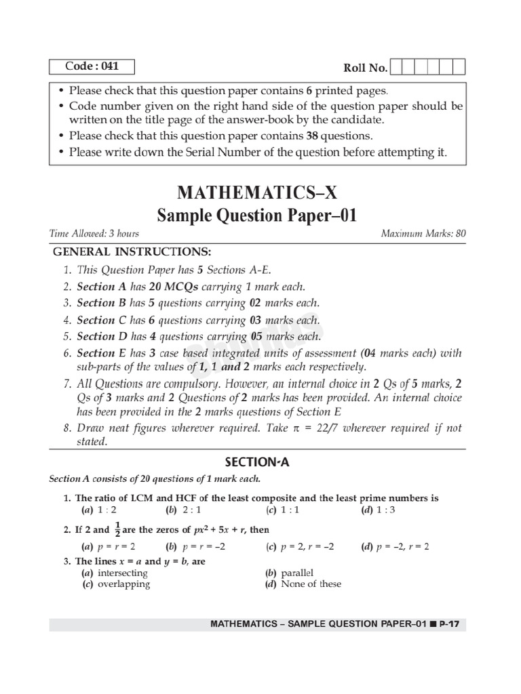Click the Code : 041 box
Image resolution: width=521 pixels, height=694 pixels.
coord(92,66)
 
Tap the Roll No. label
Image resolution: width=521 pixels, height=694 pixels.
coord(366,68)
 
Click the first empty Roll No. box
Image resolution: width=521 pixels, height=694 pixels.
coord(398,67)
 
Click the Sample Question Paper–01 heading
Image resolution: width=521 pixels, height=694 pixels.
coord(257,216)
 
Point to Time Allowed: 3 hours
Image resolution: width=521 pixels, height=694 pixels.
coord(94,234)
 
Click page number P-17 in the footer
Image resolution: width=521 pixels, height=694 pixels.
coord(452,624)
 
